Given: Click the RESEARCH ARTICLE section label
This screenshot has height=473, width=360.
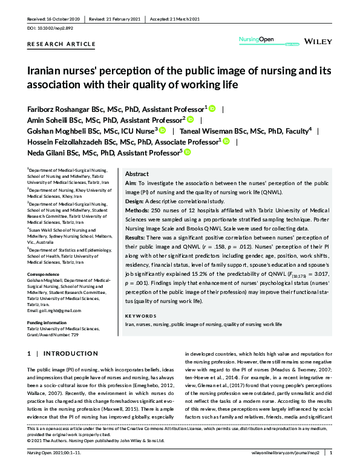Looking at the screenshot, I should click(62, 44).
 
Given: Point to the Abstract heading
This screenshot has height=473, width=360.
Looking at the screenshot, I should click(136, 173).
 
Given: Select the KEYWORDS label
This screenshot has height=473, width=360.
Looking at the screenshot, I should click(140, 316).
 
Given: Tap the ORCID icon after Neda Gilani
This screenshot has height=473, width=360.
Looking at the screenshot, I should click(187, 152).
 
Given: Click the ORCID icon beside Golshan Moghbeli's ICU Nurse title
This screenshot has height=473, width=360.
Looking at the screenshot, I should click(162, 130).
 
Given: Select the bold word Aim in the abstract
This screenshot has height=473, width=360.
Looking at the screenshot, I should click(130, 182).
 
